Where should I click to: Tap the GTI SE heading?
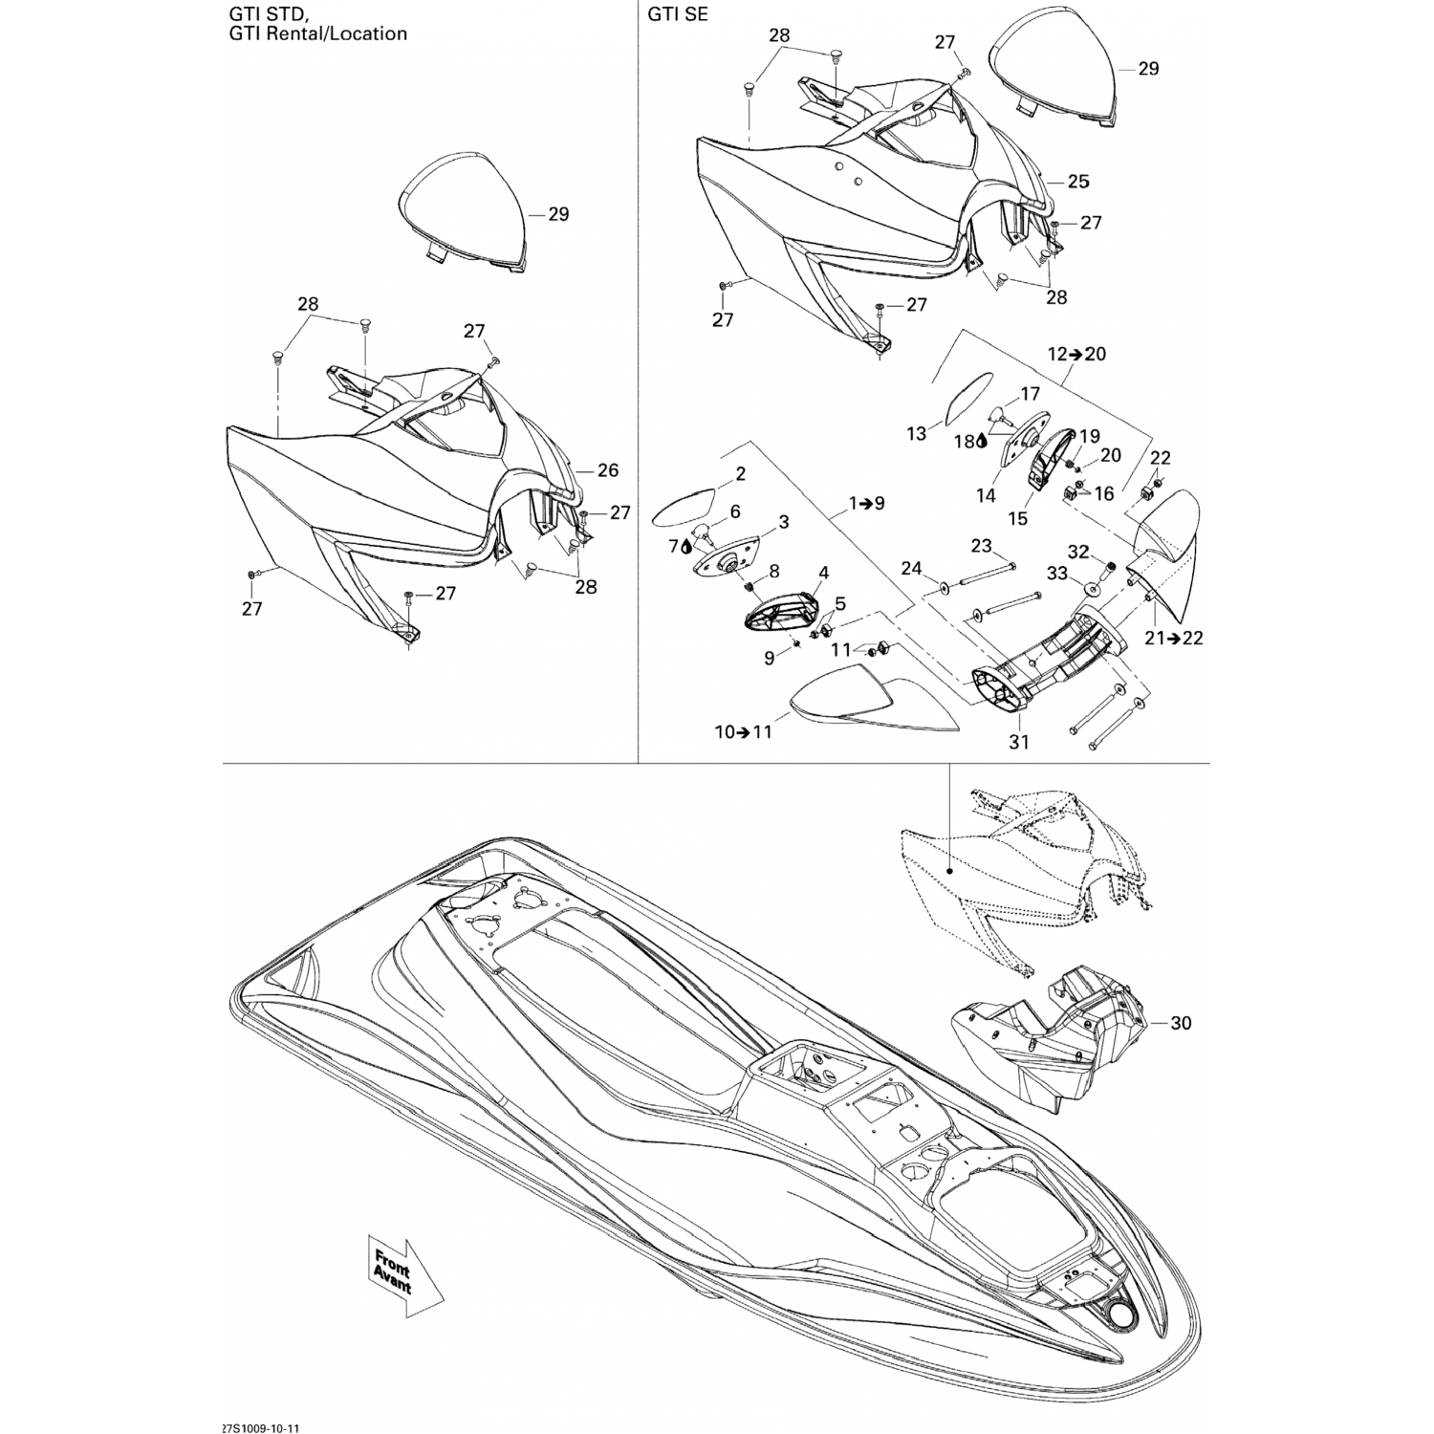click(x=678, y=14)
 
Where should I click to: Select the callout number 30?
click(x=1181, y=1023)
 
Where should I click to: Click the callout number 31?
click(x=1019, y=741)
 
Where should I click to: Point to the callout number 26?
click(x=608, y=469)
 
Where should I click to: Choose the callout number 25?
click(x=1078, y=181)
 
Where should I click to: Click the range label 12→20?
click(x=1076, y=354)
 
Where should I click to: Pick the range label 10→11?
click(x=743, y=731)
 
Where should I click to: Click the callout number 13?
click(x=917, y=434)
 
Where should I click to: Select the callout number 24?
click(x=911, y=569)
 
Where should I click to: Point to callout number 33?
click(x=1056, y=574)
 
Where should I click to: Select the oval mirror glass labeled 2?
click(x=684, y=505)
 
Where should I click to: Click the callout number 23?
click(x=981, y=546)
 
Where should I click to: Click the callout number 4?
click(x=823, y=573)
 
